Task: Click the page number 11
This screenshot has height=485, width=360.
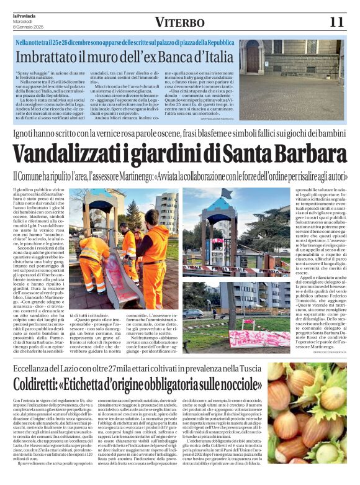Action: click(336, 22)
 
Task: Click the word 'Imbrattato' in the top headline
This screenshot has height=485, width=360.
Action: click(48, 57)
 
